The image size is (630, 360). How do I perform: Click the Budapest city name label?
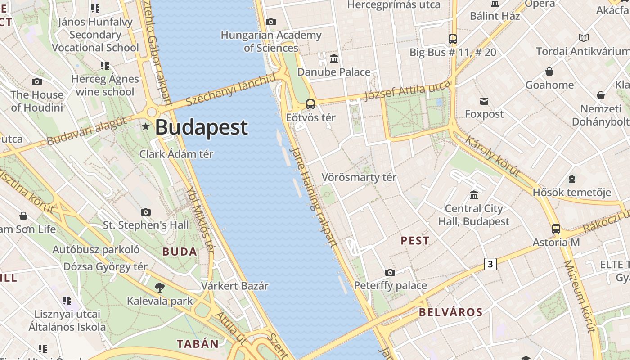coord(201,127)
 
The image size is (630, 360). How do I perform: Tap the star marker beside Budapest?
coord(145,126)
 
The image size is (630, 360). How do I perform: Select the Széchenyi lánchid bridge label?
coord(231,90)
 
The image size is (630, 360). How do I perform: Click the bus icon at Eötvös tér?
coord(310,104)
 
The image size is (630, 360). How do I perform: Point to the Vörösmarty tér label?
coord(359,177)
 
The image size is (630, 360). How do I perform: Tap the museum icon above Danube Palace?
coord(334,59)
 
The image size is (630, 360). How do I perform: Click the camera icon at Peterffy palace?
coord(390,272)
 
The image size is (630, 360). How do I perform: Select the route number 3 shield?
coord(490,264)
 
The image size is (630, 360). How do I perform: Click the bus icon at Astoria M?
coord(556,229)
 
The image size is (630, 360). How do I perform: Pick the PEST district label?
coord(415,241)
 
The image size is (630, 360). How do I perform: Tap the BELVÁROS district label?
coord(450,312)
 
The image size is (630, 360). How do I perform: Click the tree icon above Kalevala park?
coord(159,288)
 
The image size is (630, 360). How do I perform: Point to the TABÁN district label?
coord(198,344)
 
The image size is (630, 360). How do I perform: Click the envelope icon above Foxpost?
coord(484,101)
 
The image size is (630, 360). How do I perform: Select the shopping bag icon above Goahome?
coord(549,72)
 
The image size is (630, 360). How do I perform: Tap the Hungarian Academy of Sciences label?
coord(271,41)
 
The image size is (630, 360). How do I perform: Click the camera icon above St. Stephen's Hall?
coord(145,212)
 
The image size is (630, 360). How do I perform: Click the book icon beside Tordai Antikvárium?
coord(584,38)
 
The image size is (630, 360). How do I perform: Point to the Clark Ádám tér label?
coord(176,154)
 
